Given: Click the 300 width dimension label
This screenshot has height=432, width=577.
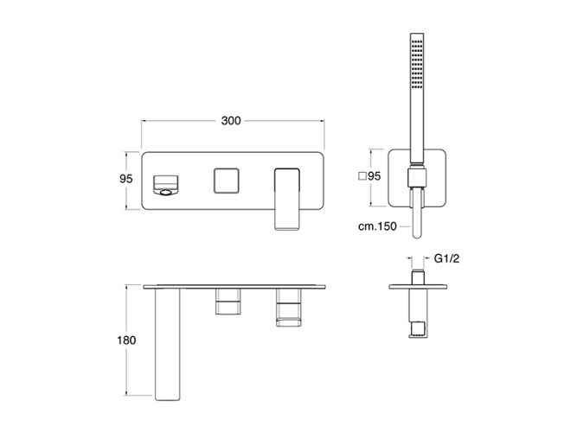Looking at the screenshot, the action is pyautogui.click(x=231, y=121).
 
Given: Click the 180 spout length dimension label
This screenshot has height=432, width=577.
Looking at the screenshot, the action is pyautogui.click(x=126, y=340).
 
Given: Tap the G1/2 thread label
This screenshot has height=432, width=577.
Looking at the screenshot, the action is pyautogui.click(x=446, y=259).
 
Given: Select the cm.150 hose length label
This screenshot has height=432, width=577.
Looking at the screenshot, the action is pyautogui.click(x=377, y=226).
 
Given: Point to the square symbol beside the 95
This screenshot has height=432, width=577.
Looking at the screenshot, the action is pyautogui.click(x=362, y=176).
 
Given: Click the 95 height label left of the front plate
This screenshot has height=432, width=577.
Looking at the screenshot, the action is pyautogui.click(x=125, y=179).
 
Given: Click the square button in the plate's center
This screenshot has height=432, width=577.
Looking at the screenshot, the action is pyautogui.click(x=227, y=181).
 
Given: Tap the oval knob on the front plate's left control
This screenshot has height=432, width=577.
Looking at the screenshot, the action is pyautogui.click(x=165, y=193).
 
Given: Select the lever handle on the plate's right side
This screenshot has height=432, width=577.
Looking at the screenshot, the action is pyautogui.click(x=287, y=200).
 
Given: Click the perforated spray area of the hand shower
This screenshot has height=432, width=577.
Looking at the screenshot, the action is pyautogui.click(x=417, y=64).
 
